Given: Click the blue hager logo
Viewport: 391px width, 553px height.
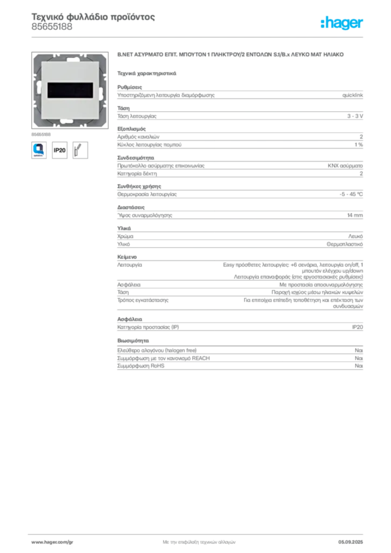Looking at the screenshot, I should click(342, 24).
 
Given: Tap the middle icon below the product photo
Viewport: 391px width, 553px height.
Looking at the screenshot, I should click(60, 150).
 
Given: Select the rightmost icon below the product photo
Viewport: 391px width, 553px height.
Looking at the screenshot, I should click(82, 150).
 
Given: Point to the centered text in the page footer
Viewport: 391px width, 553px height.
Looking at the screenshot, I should click(198, 540).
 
